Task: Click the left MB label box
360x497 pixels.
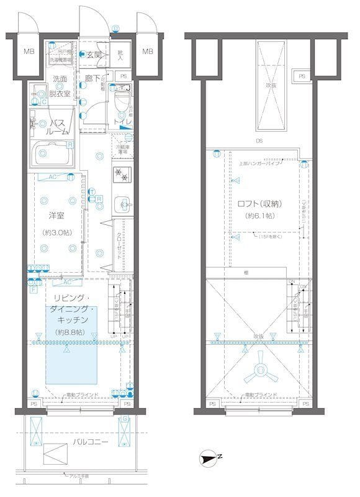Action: tap(29, 52)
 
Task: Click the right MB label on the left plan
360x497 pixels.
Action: tap(147, 52)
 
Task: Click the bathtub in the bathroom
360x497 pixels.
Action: tap(54, 152)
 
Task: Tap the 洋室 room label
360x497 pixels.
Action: tap(57, 216)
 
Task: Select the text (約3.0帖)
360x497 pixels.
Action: tap(57, 232)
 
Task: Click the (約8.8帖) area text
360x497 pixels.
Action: tap(70, 333)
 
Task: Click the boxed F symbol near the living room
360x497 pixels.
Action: tap(33, 290)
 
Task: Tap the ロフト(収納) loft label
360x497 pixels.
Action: tap(259, 203)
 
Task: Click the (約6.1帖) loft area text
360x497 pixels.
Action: tap(259, 216)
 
